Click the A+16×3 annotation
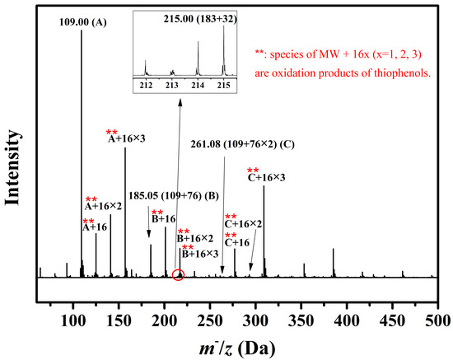(128, 139)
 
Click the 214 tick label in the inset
(198, 85)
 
